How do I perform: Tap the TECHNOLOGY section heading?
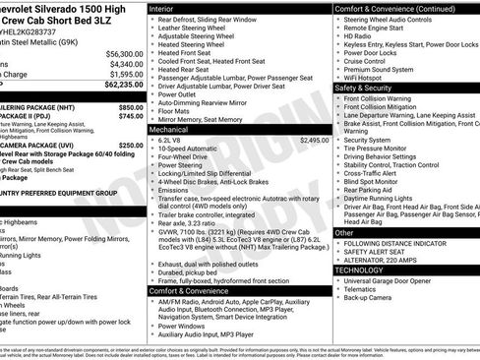(x=360, y=270)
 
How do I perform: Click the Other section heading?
(x=344, y=232)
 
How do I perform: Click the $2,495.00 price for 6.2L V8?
(x=314, y=141)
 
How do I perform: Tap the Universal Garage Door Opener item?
(x=397, y=280)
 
